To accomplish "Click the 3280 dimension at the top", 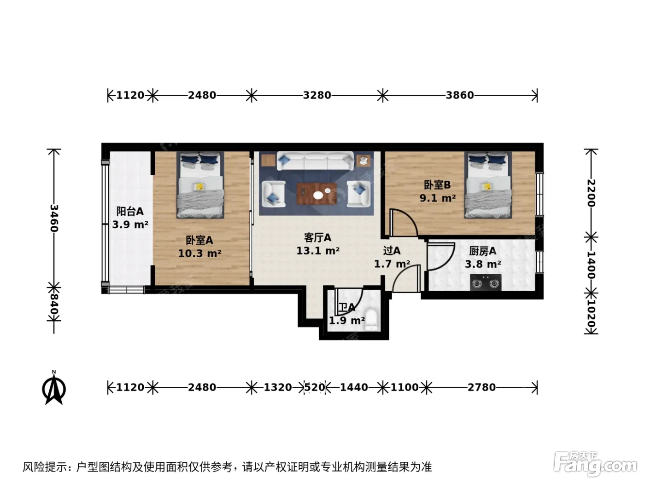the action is (317, 95).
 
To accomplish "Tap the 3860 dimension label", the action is (460, 95).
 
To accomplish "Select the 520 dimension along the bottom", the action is (314, 387).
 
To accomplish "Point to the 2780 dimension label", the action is (481, 387).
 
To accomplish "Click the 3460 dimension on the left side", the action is (54, 218).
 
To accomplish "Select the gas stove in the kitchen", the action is (486, 282).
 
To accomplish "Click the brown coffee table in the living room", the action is (317, 194).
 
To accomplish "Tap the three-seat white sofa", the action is (315, 161).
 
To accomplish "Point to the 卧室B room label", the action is (437, 185).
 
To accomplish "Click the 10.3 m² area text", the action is (199, 253).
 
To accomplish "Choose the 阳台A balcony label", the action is (130, 211).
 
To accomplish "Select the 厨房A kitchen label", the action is (482, 251).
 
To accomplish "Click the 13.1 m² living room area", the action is (317, 251).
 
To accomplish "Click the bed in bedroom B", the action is (488, 185).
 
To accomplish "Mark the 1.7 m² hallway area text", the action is (392, 264).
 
